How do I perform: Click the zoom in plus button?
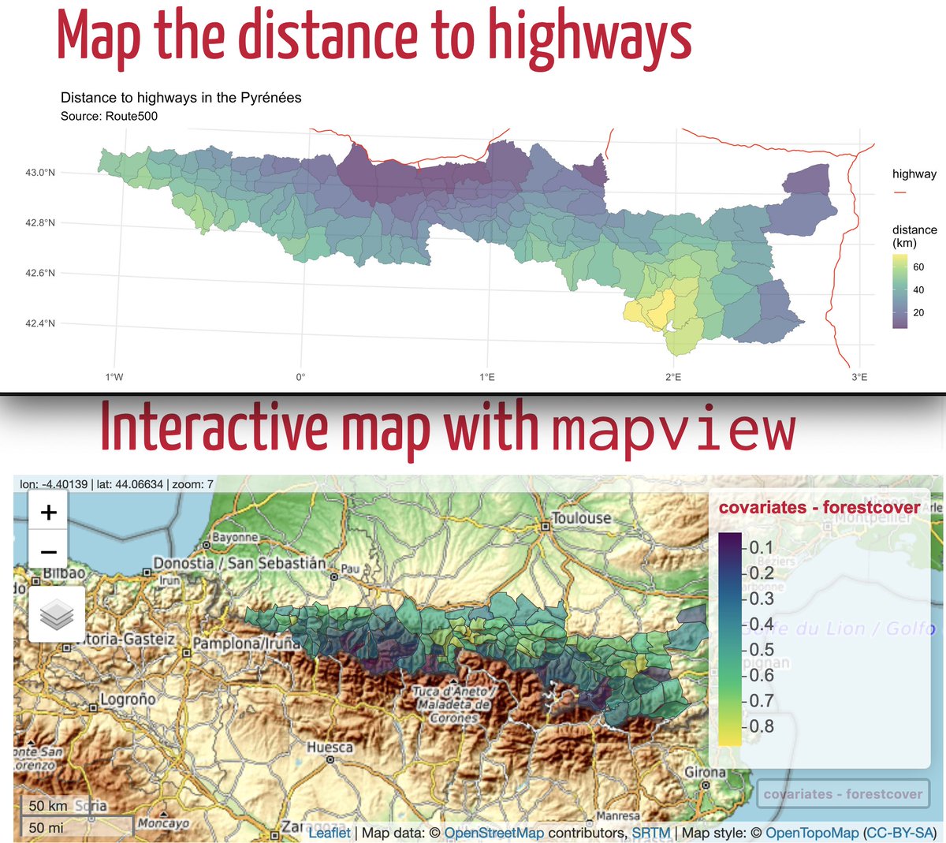(48, 513)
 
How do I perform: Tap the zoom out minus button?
(48, 552)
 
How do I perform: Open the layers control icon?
(56, 614)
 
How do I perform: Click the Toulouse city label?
(582, 518)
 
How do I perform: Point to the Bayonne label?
(235, 538)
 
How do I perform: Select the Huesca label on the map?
(330, 747)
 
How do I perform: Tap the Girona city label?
(705, 772)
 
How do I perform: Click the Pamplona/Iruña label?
(247, 643)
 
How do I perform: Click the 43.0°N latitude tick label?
(40, 172)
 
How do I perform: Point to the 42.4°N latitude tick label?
(40, 323)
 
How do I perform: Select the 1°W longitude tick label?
(114, 377)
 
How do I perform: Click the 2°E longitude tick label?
(673, 377)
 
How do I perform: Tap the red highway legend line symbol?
(900, 192)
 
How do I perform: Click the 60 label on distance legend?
(918, 267)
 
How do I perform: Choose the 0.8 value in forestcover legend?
(760, 726)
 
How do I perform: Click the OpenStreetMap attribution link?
(494, 833)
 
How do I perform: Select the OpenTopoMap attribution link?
(812, 833)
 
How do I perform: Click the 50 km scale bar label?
(48, 806)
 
